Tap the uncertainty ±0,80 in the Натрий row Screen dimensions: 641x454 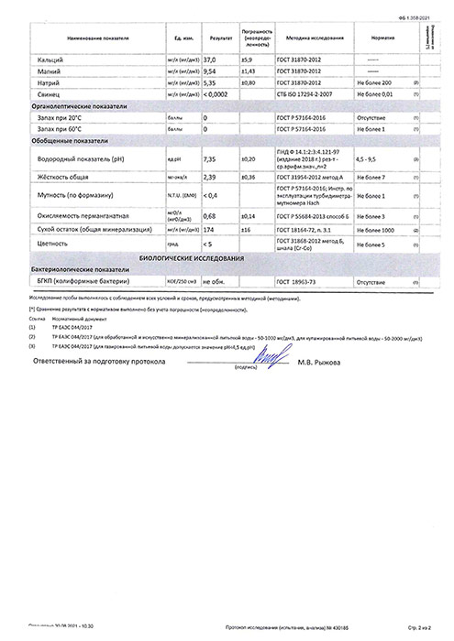(247, 82)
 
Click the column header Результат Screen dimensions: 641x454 (220, 39)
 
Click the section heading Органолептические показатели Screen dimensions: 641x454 (79, 106)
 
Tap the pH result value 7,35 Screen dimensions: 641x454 (210, 158)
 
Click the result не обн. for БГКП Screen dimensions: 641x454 (213, 283)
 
